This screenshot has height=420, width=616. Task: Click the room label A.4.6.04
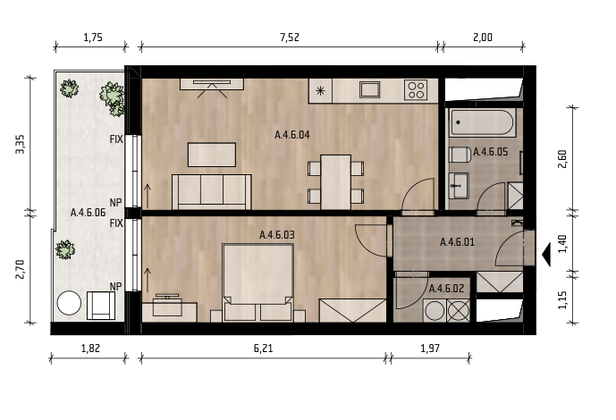[x=291, y=135]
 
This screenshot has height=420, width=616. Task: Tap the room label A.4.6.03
[x=277, y=235]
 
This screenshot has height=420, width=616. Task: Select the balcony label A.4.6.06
[x=88, y=213]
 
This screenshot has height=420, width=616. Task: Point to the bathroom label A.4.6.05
[x=490, y=152]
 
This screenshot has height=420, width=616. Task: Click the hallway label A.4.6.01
[x=457, y=242]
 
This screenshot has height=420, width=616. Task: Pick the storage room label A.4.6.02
[x=446, y=289]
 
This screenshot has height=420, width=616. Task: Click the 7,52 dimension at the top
[x=290, y=38]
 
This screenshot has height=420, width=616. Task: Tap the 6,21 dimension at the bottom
[x=263, y=349]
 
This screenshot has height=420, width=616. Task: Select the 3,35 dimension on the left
[x=20, y=144]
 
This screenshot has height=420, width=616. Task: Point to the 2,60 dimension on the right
[x=562, y=159]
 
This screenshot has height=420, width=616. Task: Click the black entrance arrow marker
[x=546, y=255]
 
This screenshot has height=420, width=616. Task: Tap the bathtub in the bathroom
[x=482, y=122]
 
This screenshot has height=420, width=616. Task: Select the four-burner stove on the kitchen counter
[x=416, y=90]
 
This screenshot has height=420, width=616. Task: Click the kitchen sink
[x=369, y=90]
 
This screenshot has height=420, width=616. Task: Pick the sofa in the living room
[x=211, y=192]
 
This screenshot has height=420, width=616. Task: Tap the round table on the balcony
[x=69, y=303]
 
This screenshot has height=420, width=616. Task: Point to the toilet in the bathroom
[x=460, y=155]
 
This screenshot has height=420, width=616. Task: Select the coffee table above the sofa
[x=212, y=155]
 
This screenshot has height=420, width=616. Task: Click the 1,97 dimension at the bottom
[x=430, y=349]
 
